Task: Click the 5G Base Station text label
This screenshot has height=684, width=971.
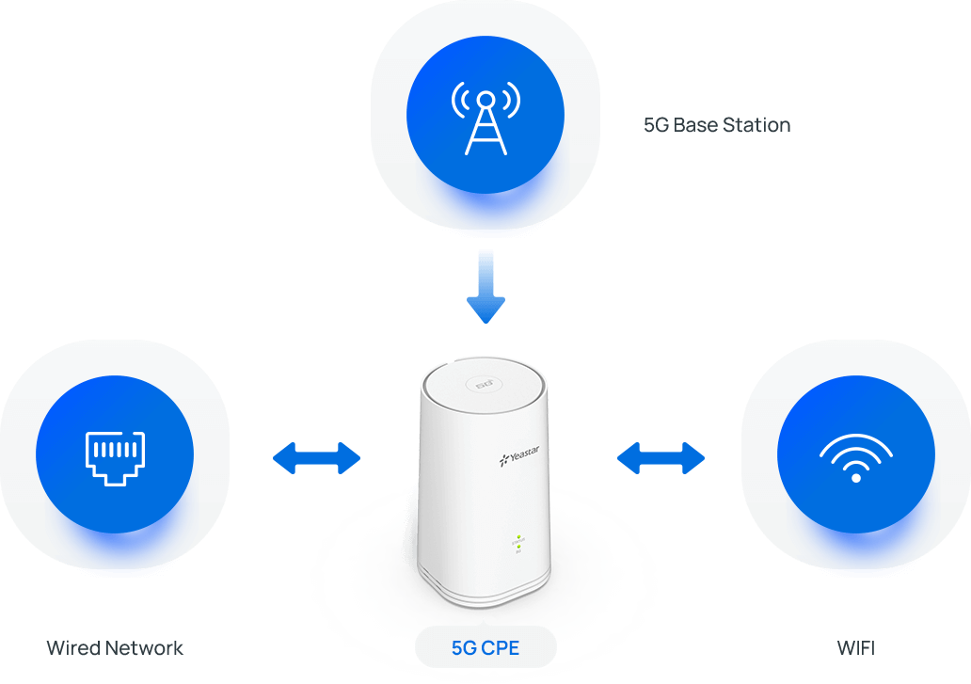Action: coord(716,124)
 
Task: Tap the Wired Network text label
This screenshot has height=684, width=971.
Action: coord(115,647)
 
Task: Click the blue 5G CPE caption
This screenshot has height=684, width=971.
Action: coord(485,647)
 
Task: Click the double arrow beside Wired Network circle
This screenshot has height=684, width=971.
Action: coord(317,459)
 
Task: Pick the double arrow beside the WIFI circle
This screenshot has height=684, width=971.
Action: coord(661,459)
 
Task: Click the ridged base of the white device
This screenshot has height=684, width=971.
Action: coord(484,593)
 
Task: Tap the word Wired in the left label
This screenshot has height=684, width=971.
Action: coord(73,647)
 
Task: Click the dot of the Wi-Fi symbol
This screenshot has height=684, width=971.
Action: coord(855,477)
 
